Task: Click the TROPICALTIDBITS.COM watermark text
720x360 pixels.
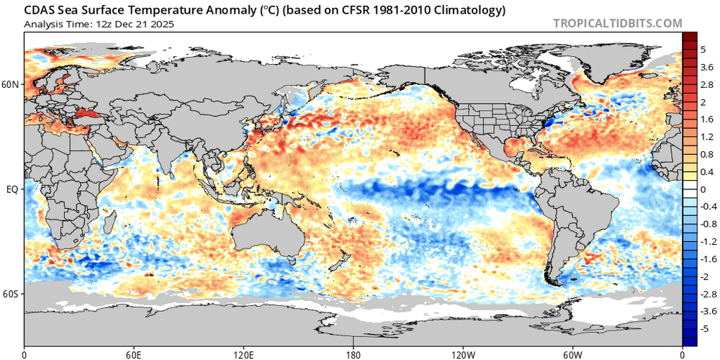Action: click(x=617, y=23)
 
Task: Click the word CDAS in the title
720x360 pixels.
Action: click(x=41, y=11)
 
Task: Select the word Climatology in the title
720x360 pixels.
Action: click(x=470, y=11)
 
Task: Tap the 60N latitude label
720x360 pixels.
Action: click(x=12, y=84)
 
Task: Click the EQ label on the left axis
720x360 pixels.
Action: click(x=12, y=189)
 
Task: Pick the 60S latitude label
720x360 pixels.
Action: click(x=12, y=294)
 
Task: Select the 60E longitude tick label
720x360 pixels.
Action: click(x=134, y=354)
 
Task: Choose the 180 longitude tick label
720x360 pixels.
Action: click(x=354, y=354)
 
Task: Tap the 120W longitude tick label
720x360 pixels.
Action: click(x=463, y=354)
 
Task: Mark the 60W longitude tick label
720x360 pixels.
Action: click(x=572, y=354)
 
